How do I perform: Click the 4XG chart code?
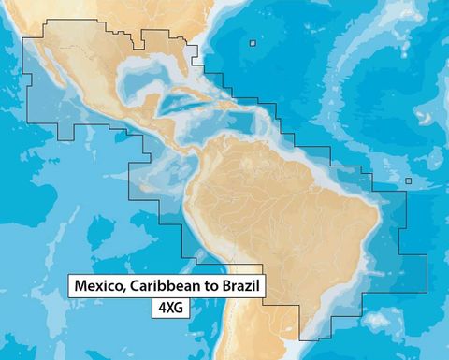tap(169, 306)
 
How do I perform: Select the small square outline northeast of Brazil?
tap(408, 181)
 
